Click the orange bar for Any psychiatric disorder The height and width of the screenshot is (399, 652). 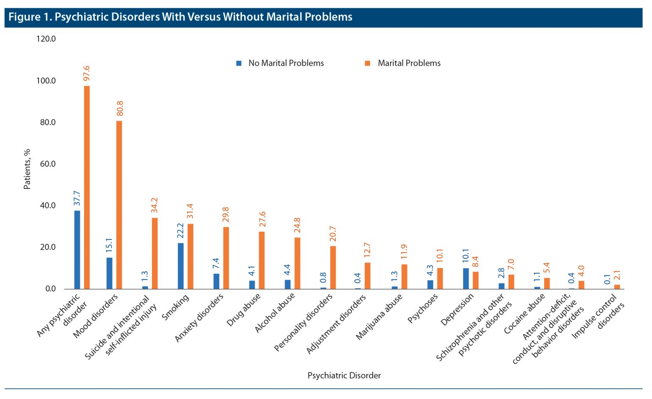pos(87,187)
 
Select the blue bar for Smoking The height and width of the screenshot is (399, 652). pos(180,266)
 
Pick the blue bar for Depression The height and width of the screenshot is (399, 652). pos(466,278)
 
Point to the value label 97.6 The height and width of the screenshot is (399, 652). pos(87,73)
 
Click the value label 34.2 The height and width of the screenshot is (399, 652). pos(155,205)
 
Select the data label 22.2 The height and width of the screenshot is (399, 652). pos(180,230)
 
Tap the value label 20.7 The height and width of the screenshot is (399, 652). pos(333,233)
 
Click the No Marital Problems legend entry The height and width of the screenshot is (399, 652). pos(286,63)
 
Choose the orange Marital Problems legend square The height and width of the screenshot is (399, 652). pos(368,63)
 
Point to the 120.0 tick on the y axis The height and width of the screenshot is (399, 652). pos(46,39)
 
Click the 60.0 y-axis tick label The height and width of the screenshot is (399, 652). pos(48,164)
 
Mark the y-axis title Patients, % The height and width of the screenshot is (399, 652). pos(27,169)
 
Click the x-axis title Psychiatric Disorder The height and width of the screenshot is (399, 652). pos(344,375)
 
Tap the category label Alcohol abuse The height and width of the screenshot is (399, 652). pos(275,313)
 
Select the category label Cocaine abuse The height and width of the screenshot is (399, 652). pos(524,314)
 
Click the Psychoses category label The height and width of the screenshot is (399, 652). pos(422,309)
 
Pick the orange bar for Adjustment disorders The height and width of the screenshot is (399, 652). pos(368,275)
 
